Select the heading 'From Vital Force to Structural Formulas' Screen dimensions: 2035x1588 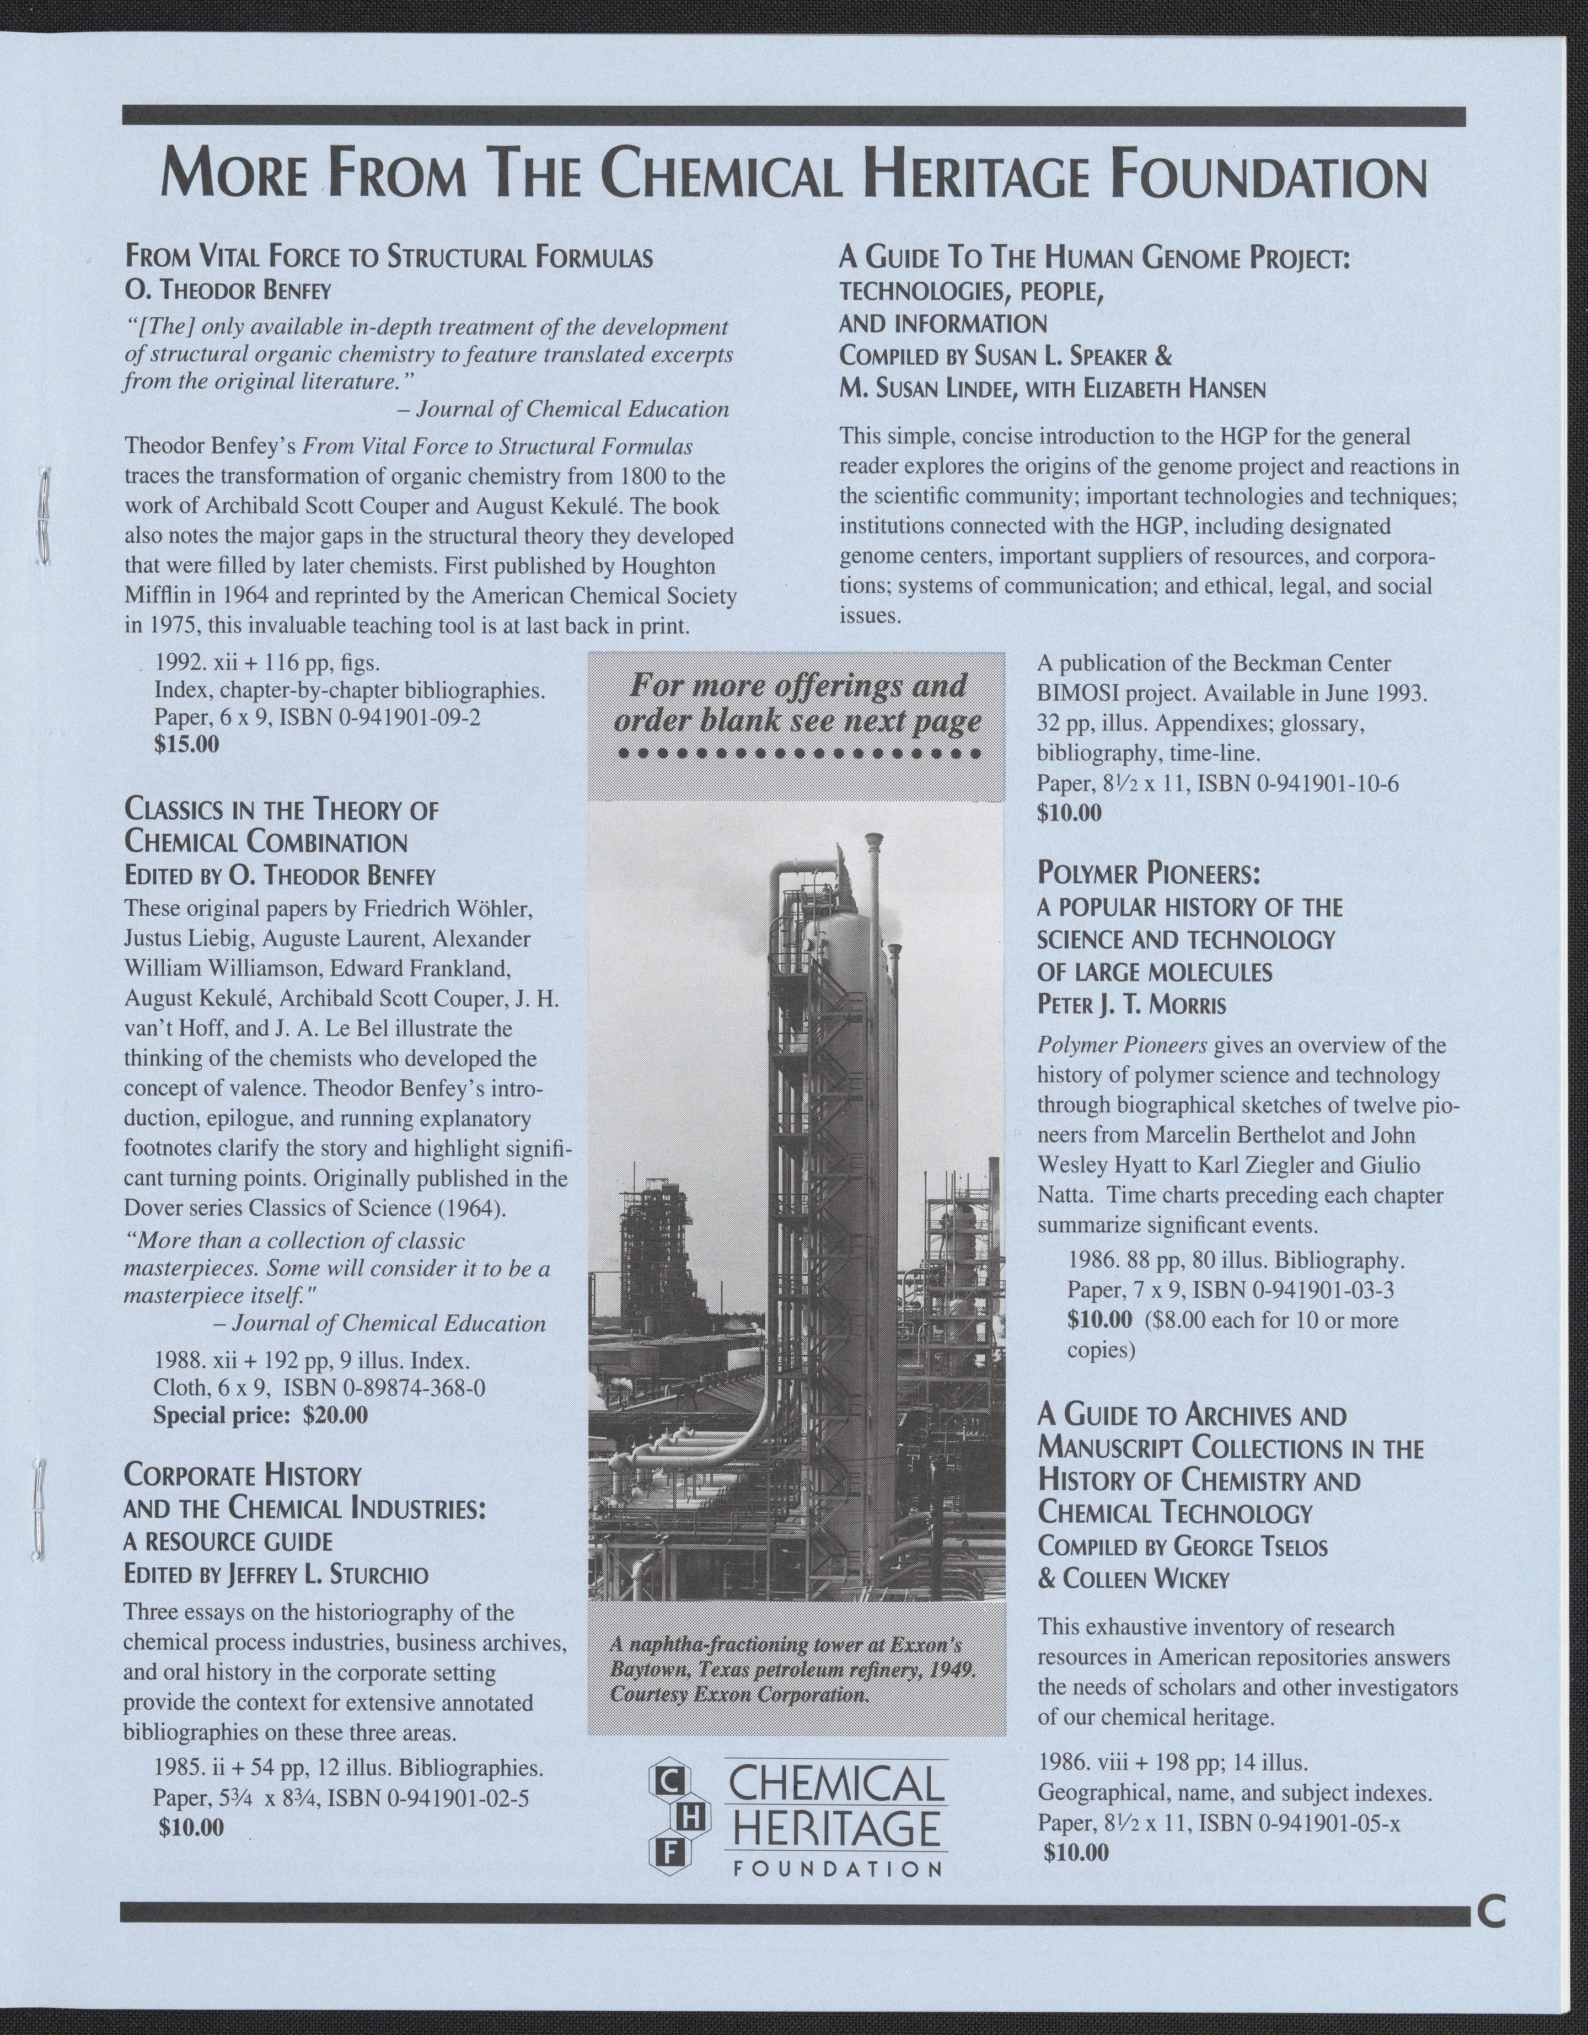pyautogui.click(x=388, y=257)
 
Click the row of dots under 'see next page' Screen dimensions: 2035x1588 pyautogui.click(x=797, y=754)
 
